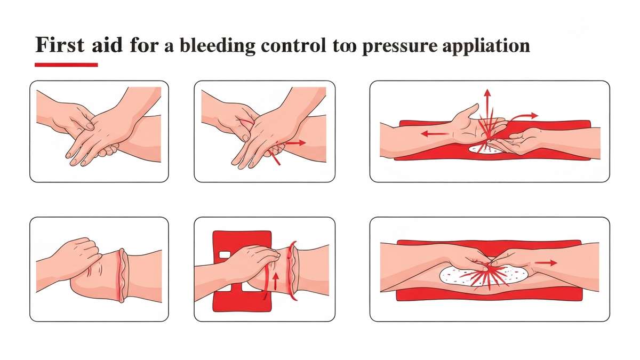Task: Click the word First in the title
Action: click(x=60, y=45)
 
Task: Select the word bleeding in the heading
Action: click(x=218, y=46)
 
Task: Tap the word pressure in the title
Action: click(x=399, y=46)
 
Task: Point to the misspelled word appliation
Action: click(x=486, y=46)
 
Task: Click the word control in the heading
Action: click(x=293, y=45)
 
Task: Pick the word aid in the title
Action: click(x=107, y=45)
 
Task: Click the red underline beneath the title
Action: click(x=66, y=65)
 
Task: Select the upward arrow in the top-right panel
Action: click(x=487, y=106)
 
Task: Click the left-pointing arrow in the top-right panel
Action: click(x=434, y=133)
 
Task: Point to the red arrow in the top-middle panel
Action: click(x=295, y=142)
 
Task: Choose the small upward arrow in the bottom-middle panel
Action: click(x=275, y=281)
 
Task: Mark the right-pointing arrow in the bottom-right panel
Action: click(x=546, y=263)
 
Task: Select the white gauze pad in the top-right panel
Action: click(x=486, y=149)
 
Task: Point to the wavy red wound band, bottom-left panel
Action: click(x=122, y=275)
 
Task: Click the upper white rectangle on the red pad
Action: click(x=225, y=255)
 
